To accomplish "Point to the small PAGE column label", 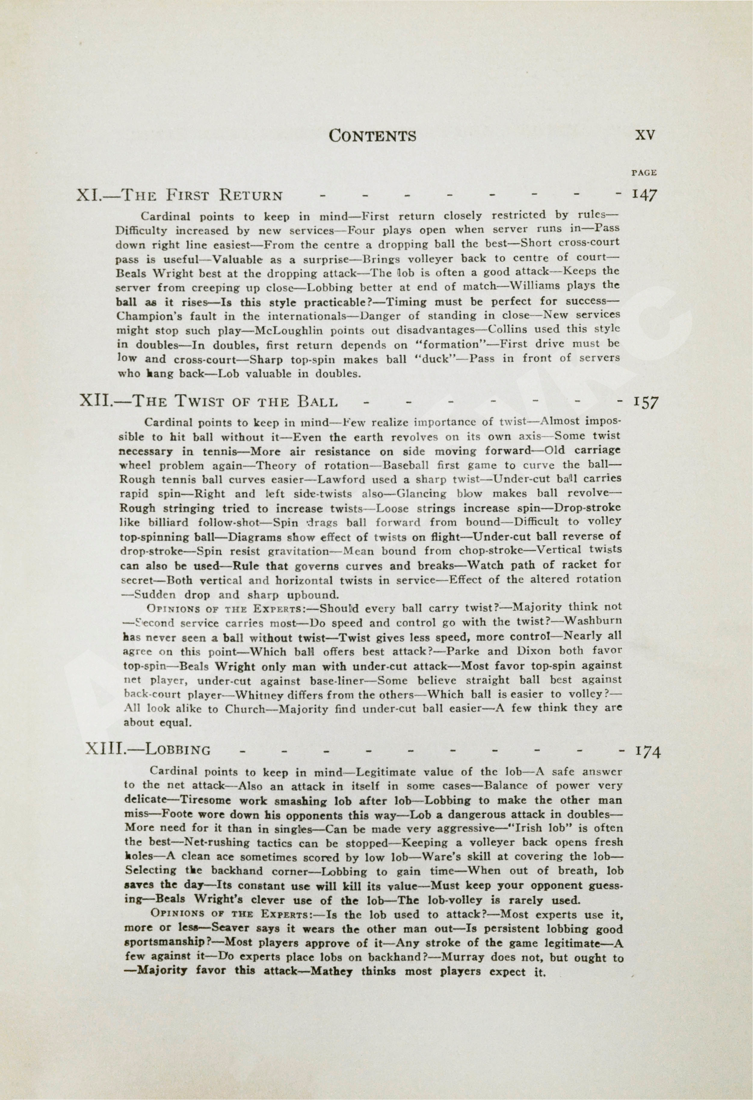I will tap(644, 173).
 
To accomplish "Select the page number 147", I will tap(644, 195).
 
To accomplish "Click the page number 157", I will tap(645, 402).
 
